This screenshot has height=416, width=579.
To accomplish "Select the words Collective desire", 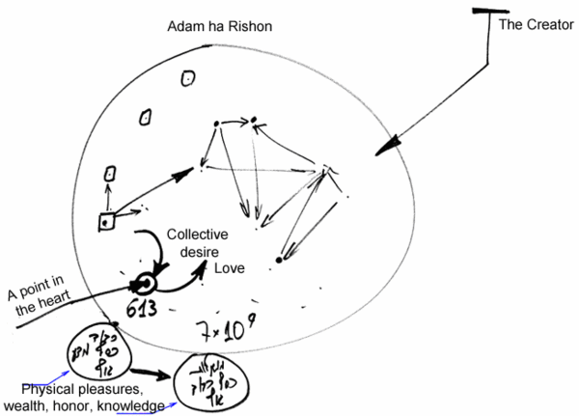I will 195,242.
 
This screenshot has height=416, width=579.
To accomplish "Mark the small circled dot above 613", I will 145,285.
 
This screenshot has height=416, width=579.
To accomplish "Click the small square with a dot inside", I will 104,222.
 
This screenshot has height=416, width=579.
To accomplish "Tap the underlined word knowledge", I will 135,406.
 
